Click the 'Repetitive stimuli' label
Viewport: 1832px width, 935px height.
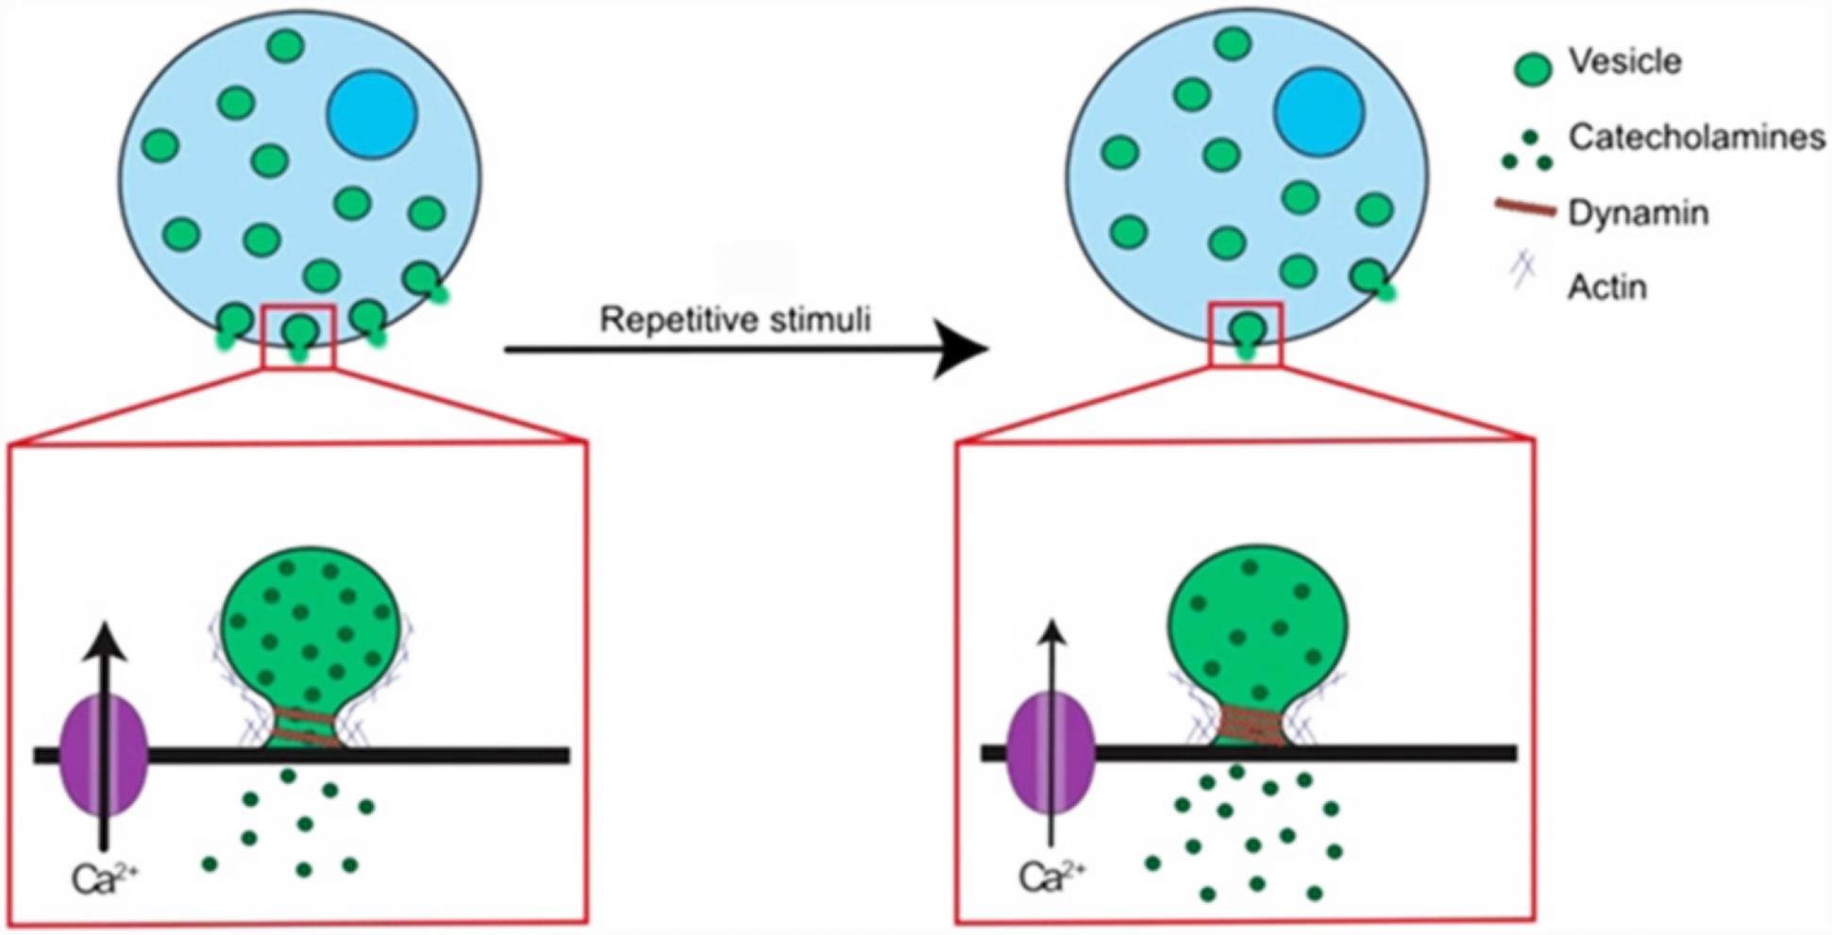[734, 320]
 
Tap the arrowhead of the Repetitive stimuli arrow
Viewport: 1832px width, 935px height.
[963, 349]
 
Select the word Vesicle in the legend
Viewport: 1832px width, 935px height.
[1624, 62]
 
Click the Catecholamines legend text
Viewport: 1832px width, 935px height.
[1696, 138]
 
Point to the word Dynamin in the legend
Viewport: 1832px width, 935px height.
[1638, 213]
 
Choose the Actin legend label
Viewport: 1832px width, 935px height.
[1606, 287]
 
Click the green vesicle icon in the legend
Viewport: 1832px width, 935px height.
[1532, 70]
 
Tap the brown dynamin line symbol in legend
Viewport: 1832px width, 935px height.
[1524, 209]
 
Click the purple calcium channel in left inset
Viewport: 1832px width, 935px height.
[104, 754]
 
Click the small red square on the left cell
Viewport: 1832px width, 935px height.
[298, 337]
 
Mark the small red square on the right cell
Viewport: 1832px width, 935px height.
[1246, 335]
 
